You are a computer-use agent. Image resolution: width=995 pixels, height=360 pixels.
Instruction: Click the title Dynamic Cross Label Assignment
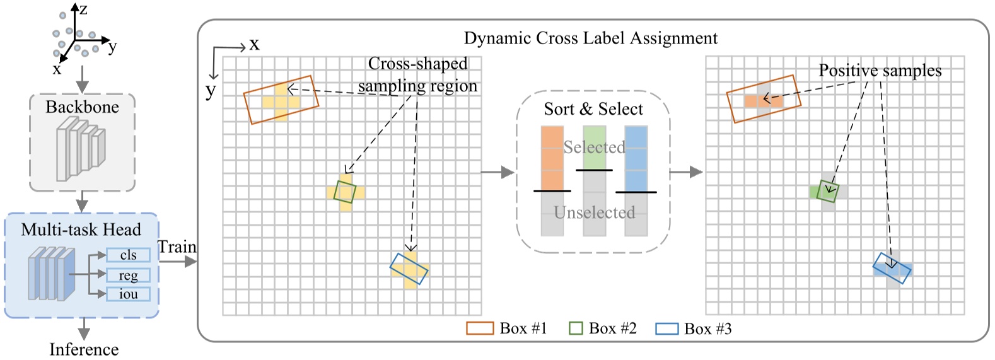click(590, 38)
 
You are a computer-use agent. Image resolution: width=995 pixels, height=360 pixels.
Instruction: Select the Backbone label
click(82, 107)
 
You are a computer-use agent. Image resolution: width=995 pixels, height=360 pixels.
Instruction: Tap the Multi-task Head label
click(81, 229)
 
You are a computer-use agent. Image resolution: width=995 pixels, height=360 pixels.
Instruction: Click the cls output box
click(128, 255)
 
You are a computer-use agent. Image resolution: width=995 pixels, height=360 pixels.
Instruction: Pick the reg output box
click(128, 276)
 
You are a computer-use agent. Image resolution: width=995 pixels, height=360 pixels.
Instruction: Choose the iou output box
click(128, 294)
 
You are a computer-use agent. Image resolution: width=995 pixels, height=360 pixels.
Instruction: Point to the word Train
click(177, 247)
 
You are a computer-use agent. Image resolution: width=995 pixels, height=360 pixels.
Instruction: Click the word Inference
click(84, 349)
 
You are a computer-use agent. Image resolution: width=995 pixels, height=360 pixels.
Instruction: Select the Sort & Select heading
click(593, 109)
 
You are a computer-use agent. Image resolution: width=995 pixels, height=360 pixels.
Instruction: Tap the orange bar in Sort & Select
click(552, 158)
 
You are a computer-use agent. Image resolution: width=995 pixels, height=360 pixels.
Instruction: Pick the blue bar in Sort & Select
click(636, 158)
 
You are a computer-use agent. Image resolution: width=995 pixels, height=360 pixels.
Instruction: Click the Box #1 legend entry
click(507, 328)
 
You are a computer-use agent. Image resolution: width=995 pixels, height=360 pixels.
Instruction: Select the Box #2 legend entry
click(603, 328)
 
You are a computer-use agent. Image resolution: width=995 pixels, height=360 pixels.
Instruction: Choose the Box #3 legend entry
click(694, 328)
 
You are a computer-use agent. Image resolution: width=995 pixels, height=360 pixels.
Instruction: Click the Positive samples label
click(880, 71)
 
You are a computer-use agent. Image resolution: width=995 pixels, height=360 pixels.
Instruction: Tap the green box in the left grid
click(345, 192)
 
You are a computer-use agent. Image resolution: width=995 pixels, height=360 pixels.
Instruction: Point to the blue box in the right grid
click(892, 269)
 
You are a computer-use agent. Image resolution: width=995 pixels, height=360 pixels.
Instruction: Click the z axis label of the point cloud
click(83, 9)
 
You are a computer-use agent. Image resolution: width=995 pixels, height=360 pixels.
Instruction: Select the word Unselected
click(594, 212)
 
